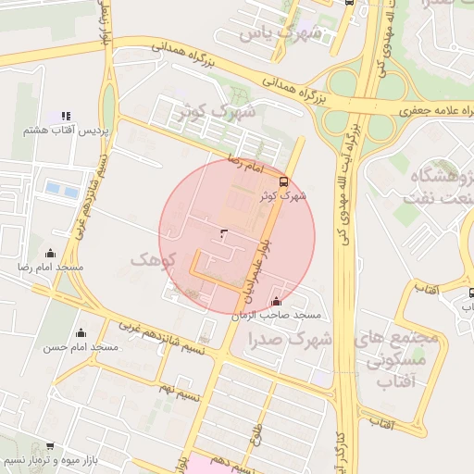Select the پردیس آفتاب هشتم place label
66,131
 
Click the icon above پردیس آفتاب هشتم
66,117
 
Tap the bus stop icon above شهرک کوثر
283,181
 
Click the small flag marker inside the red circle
223,232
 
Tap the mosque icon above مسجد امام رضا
50,253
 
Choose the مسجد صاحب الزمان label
278,315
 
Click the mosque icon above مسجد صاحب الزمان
277,301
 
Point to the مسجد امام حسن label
81,346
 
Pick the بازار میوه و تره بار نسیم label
47,459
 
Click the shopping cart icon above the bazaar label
48,445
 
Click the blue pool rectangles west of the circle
62,189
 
